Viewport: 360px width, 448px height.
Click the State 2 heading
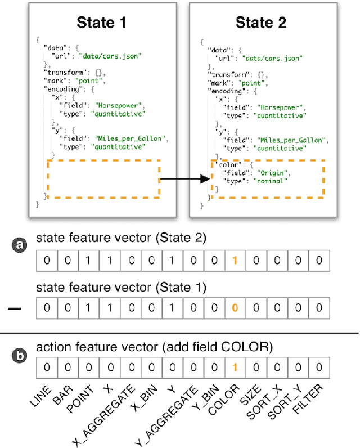[261, 23]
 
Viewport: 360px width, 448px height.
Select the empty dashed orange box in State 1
[103, 178]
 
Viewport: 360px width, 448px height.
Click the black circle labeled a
[20, 244]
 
